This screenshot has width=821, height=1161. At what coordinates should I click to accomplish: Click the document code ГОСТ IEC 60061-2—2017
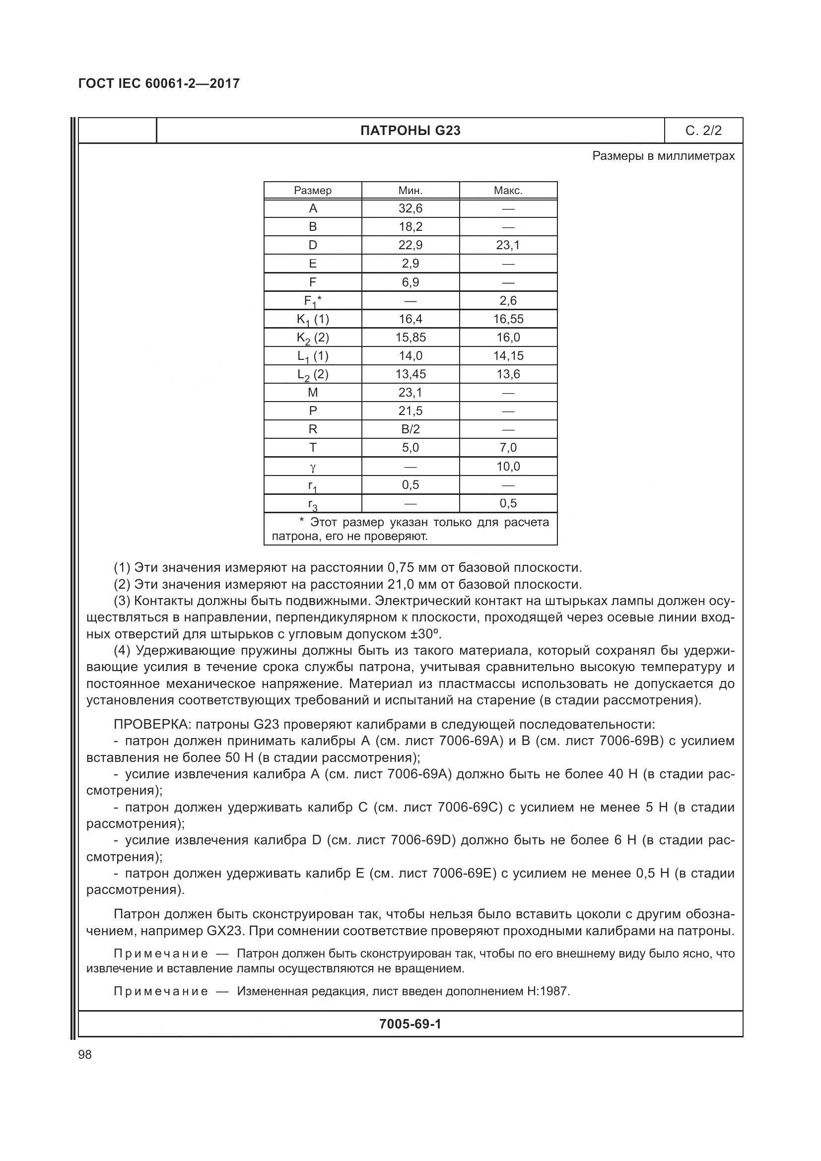(159, 83)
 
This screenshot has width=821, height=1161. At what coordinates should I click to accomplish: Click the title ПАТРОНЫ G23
(410, 131)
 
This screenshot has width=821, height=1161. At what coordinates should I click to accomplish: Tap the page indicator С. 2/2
(703, 131)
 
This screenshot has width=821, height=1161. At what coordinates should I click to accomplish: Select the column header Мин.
(410, 191)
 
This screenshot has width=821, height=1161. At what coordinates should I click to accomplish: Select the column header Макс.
(508, 191)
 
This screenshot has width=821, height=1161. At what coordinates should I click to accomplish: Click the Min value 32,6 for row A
(410, 208)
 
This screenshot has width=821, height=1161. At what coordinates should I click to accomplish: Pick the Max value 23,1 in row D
(508, 245)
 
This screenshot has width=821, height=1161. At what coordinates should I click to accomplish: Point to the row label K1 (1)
(312, 320)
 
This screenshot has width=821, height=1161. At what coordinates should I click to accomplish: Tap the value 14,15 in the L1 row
(508, 356)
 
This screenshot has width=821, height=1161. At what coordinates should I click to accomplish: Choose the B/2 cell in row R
(410, 429)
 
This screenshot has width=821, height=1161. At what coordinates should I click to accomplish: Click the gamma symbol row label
(312, 467)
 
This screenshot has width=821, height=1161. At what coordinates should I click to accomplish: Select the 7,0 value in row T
(508, 448)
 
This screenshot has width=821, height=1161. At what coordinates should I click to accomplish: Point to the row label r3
(312, 504)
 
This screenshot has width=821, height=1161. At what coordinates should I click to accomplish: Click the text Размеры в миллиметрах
(663, 156)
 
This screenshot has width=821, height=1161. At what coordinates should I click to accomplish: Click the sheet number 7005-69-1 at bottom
(410, 1024)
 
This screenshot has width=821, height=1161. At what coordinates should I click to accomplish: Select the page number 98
(85, 1054)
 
